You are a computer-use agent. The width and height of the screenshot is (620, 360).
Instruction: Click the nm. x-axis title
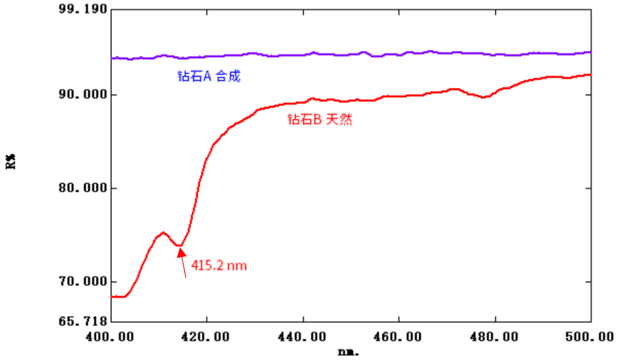pos(348,351)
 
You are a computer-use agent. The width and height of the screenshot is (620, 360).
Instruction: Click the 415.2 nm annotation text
pos(219,266)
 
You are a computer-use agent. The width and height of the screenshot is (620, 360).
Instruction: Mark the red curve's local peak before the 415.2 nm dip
pos(163,233)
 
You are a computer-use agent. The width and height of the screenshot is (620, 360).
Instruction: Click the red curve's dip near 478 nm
pos(484,97)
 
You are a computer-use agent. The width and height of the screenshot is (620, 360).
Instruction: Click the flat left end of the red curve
pos(118,296)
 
